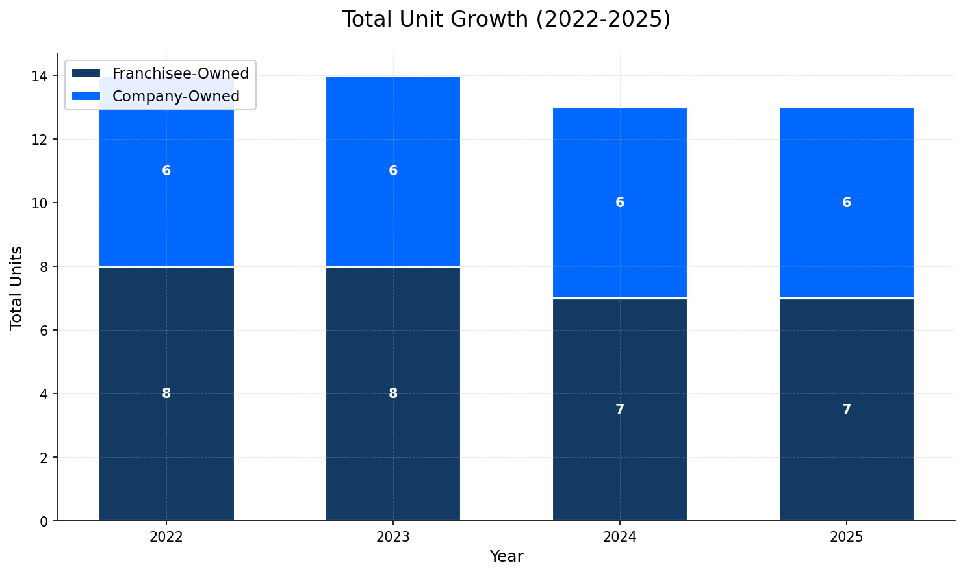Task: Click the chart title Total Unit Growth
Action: (506, 19)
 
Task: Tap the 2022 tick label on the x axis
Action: (166, 537)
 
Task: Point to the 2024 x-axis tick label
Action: (619, 537)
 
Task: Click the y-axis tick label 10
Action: (40, 203)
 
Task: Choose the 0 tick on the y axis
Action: (44, 521)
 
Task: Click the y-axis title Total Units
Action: (17, 288)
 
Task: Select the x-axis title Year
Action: (506, 556)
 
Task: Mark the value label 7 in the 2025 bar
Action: (846, 410)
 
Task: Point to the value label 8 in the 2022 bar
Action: (166, 393)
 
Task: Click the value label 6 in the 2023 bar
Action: (393, 171)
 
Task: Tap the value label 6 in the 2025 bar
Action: (846, 203)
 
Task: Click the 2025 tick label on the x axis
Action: (846, 537)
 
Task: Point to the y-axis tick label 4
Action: (44, 394)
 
